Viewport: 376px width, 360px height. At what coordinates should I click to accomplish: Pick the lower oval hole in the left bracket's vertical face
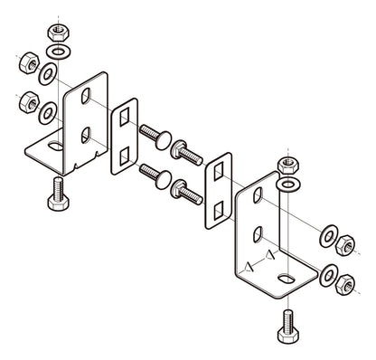point(86,135)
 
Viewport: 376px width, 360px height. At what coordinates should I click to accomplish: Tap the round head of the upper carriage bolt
point(159,137)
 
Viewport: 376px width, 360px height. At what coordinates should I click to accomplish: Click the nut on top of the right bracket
point(287,166)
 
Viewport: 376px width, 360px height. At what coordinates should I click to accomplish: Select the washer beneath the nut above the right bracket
point(287,185)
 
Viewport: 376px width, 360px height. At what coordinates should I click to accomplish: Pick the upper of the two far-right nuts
point(344,245)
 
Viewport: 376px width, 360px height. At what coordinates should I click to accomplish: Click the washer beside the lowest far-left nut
point(46,113)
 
